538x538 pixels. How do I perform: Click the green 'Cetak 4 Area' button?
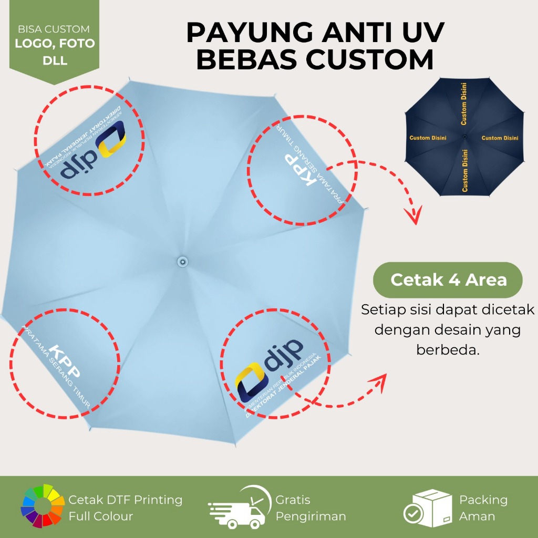point(448,280)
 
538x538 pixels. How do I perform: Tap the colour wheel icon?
point(39,506)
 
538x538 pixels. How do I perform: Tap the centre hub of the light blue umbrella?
point(182,261)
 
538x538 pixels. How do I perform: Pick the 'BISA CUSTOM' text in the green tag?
point(54,29)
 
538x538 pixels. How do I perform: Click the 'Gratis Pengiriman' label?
point(311,508)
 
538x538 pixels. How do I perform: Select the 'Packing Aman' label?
point(483,508)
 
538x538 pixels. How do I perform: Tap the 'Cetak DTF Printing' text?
point(125,500)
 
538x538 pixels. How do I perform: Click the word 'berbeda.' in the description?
point(448,349)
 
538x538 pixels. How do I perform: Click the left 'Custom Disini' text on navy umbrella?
point(428,138)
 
